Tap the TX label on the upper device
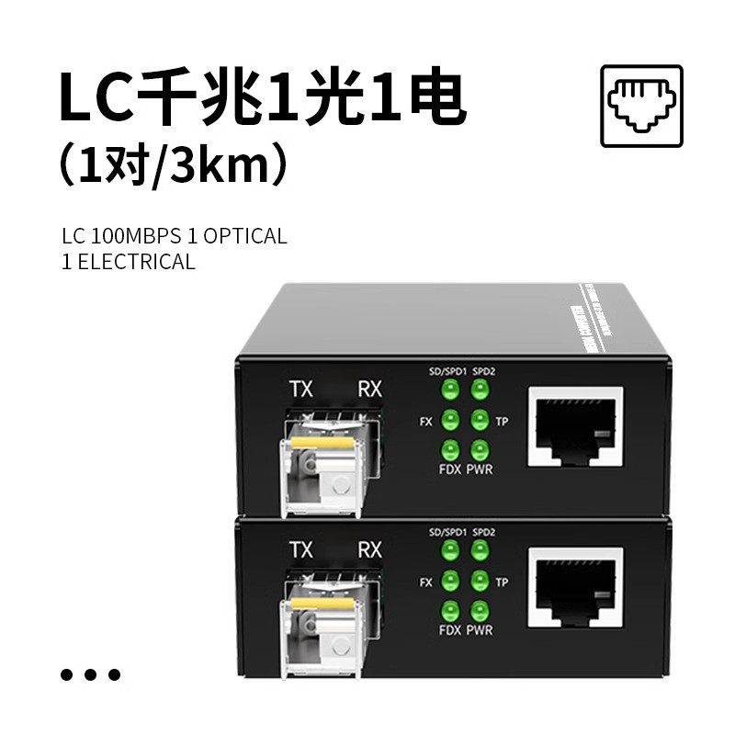pos(300,389)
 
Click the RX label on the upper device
pos(369,389)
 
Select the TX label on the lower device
pos(300,550)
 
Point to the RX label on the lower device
pos(369,550)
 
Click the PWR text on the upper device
pos(480,470)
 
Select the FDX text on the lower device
pos(450,630)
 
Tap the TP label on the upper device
pos(502,422)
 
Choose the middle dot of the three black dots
pos(90,675)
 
